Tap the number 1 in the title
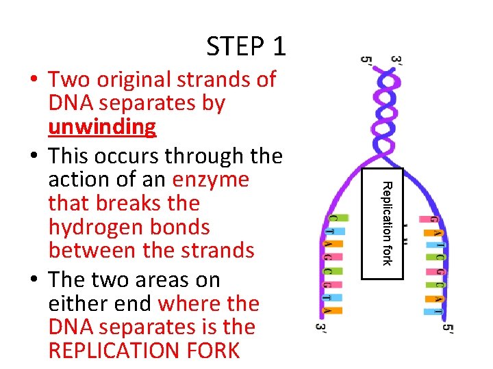pos(279,46)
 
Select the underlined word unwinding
pos(102,127)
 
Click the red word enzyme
pos(211,180)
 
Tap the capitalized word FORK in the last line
pos(215,351)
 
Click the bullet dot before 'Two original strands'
pos(34,81)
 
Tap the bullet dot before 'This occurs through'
pos(34,157)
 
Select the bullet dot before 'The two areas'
pos(34,280)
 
